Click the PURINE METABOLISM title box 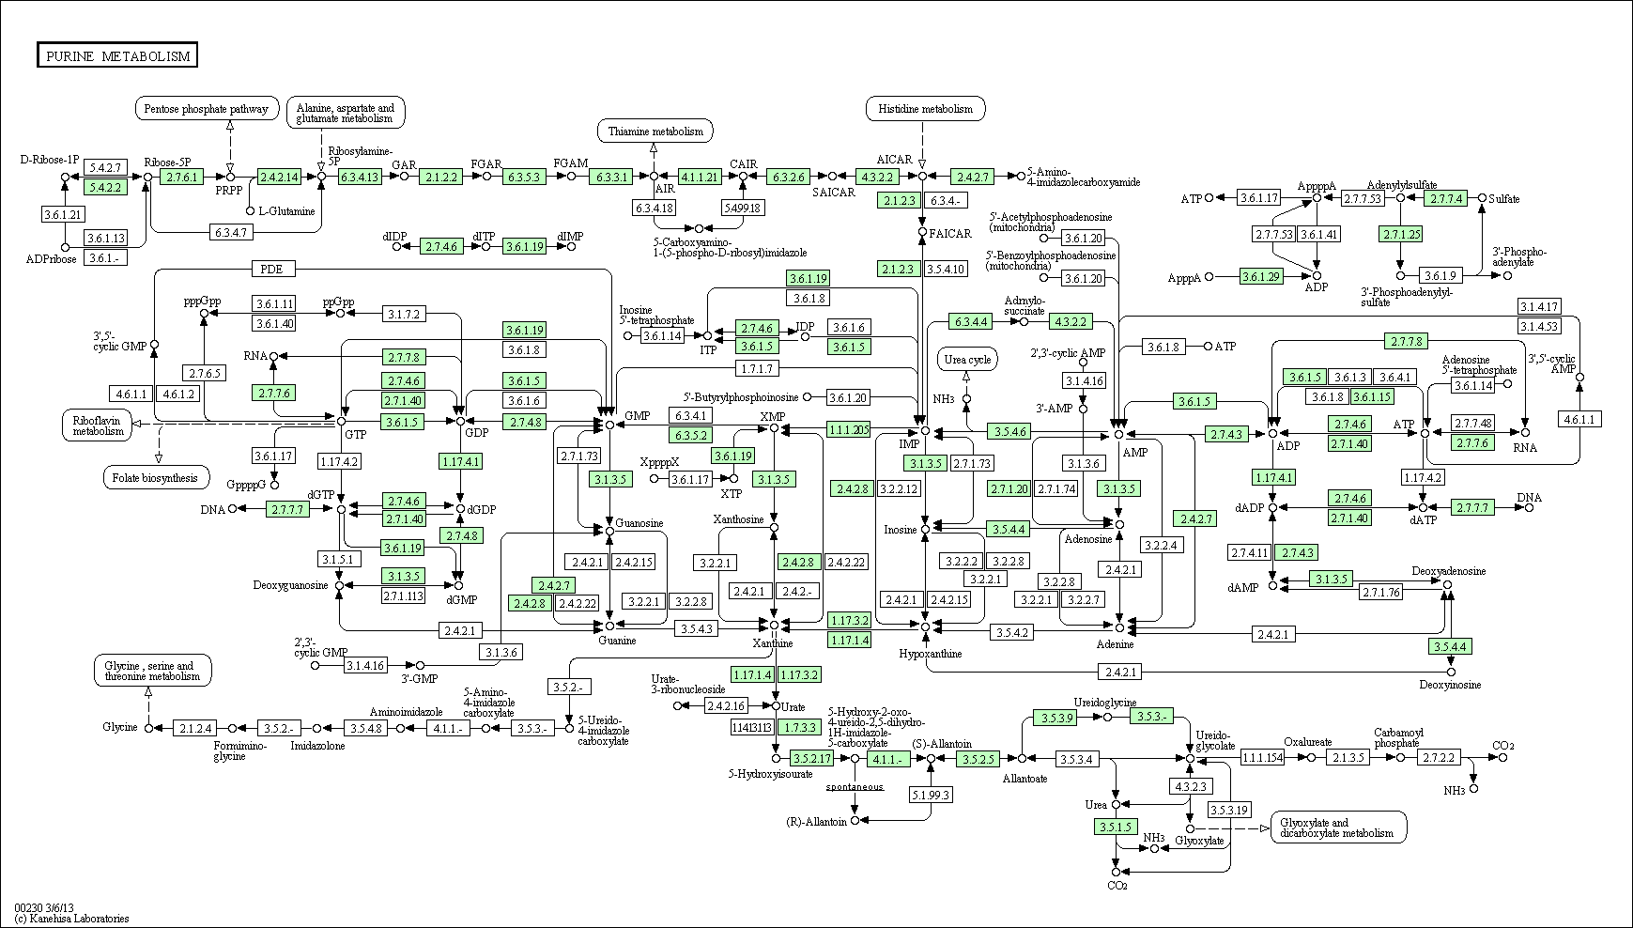point(117,55)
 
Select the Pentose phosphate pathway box point(208,108)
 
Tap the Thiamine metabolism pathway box point(655,131)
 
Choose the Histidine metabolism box point(926,108)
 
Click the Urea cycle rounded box point(967,359)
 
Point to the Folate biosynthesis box point(155,477)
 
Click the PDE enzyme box point(273,270)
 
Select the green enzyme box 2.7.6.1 point(181,176)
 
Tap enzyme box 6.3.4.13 point(360,176)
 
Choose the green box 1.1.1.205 point(849,429)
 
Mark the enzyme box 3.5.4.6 point(1009,431)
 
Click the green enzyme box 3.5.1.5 point(1116,827)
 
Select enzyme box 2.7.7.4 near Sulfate point(1445,198)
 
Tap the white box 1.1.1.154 point(1262,757)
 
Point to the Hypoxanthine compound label point(930,653)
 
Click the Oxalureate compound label point(1308,742)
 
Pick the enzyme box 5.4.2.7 point(105,167)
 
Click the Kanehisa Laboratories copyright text point(71,919)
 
